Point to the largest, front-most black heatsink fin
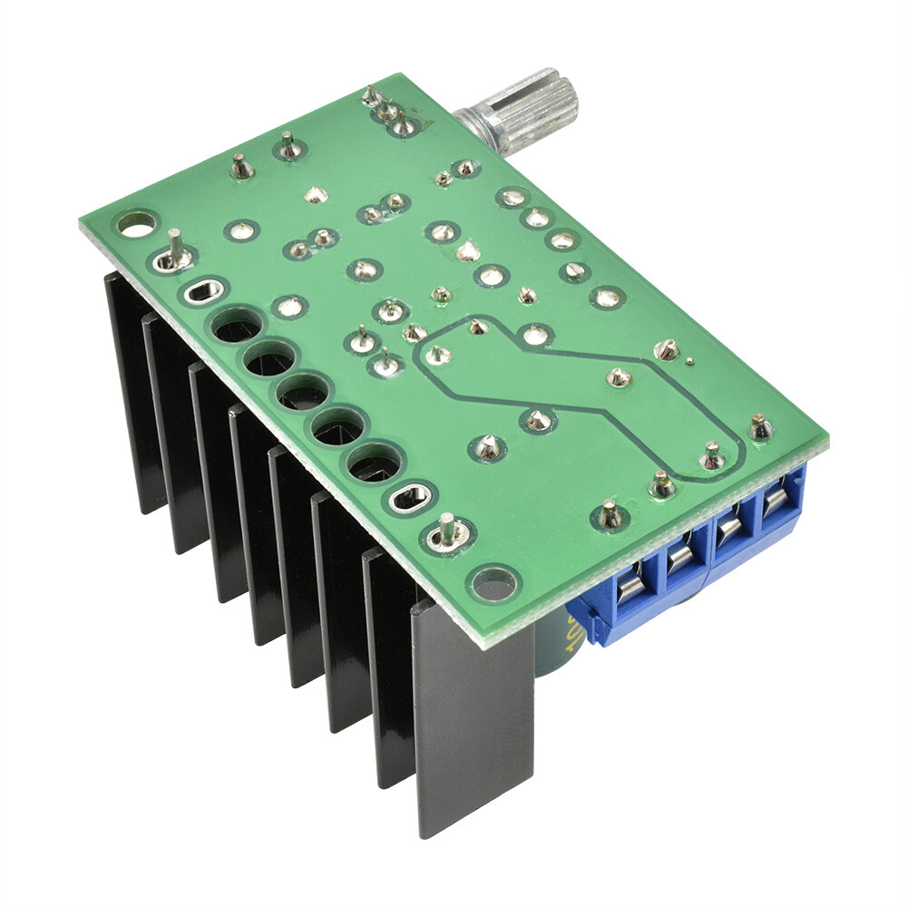point(472,717)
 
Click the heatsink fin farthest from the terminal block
point(132,390)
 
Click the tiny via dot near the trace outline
point(689,362)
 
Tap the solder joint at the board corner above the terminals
point(761,426)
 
